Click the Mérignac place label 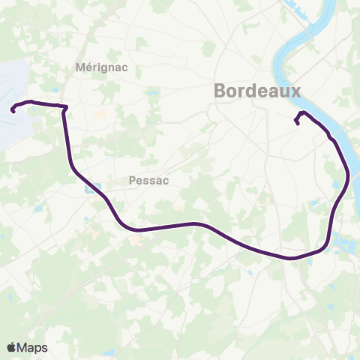pos(102,67)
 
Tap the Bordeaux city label pos(257,90)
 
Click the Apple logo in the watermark pos(11,347)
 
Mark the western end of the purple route pos(13,111)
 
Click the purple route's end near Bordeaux pos(298,124)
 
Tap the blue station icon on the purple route pos(90,189)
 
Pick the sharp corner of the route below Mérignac pos(66,109)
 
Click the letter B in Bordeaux pos(221,90)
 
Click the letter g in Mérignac pos(109,68)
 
